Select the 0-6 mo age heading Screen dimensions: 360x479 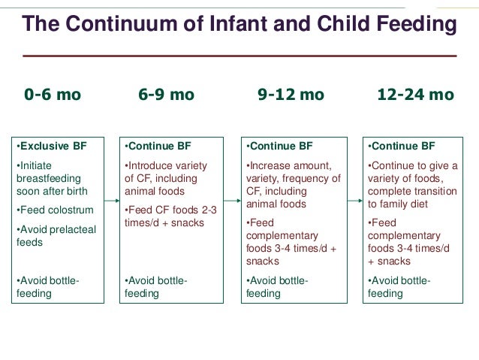[x=53, y=95]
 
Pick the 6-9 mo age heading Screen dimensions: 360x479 [x=166, y=95]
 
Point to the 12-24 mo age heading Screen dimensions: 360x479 [x=415, y=95]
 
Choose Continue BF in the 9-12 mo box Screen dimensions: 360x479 [x=280, y=146]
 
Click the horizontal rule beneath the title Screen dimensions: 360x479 [x=239, y=56]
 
